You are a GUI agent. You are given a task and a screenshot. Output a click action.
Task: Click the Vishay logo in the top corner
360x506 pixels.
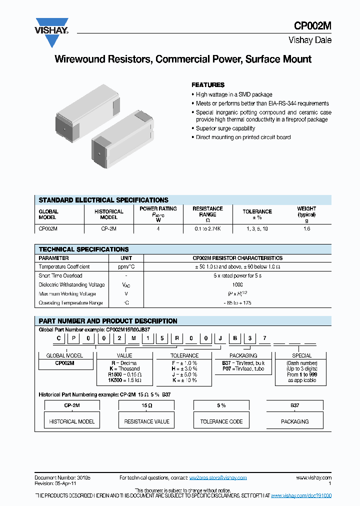pos(51,32)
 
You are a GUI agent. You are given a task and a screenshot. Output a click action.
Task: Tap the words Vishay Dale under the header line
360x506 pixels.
pos(310,40)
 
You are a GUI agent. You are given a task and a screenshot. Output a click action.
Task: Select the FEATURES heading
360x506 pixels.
pos(208,85)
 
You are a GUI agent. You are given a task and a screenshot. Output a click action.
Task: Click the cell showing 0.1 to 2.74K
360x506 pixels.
pos(207,228)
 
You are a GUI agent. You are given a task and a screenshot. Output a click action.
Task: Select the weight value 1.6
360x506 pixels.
pos(306,228)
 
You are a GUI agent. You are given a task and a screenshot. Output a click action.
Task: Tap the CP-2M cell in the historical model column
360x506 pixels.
pos(108,228)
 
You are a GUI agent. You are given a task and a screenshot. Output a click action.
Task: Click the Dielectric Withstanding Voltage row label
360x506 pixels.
pos(71,284)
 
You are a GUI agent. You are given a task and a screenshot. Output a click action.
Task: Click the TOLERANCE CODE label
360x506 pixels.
pos(221,421)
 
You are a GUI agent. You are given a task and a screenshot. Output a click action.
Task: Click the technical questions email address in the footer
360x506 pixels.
pos(218,477)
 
